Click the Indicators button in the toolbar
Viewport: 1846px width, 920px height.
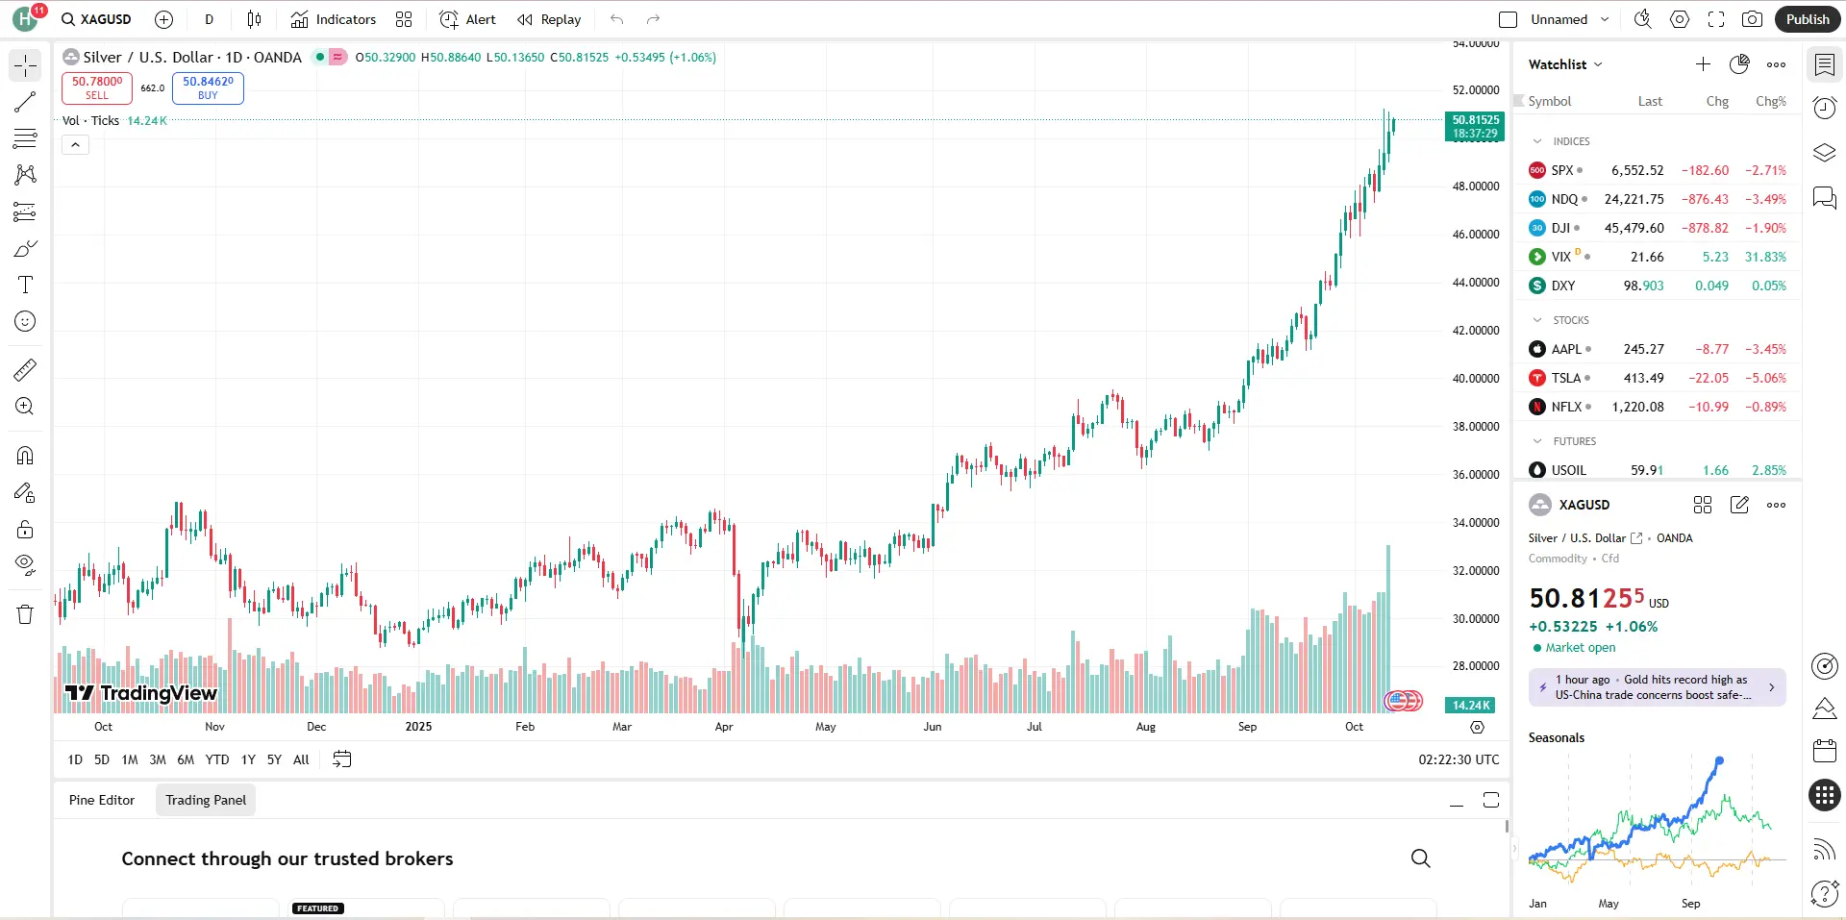click(334, 19)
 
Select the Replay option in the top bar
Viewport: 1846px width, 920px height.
click(549, 19)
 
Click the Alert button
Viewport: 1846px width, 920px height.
click(468, 19)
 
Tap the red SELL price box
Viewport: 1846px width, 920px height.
click(97, 87)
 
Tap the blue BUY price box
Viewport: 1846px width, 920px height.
click(208, 87)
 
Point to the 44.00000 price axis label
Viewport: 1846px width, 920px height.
click(1475, 283)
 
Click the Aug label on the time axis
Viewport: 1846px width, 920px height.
click(1145, 727)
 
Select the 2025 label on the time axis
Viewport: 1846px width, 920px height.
click(418, 727)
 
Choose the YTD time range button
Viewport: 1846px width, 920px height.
click(217, 759)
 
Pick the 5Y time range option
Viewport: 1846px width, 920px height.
click(274, 759)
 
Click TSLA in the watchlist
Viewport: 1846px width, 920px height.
click(1565, 378)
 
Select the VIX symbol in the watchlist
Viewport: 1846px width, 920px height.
click(1560, 257)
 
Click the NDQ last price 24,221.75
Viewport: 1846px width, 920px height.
click(1634, 199)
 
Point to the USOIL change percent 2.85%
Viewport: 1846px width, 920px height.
click(1768, 470)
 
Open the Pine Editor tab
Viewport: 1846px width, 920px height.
click(102, 800)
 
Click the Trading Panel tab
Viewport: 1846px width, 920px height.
click(206, 800)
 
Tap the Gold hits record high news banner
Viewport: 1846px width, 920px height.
click(1657, 687)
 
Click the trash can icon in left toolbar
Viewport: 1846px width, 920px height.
click(25, 614)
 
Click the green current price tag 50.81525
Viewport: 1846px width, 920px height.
click(1475, 126)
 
